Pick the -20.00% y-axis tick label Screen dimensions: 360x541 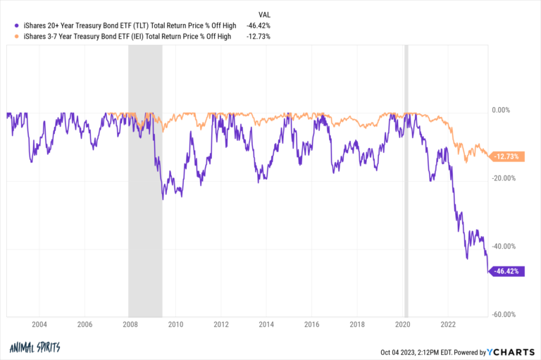click(504, 178)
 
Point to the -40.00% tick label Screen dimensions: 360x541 click(504, 247)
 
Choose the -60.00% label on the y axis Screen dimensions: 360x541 click(504, 315)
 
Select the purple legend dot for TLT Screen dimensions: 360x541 click(9, 25)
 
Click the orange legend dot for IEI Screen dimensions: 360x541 click(9, 36)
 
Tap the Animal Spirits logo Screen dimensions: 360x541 click(36, 347)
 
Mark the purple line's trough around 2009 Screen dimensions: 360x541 click(163, 199)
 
